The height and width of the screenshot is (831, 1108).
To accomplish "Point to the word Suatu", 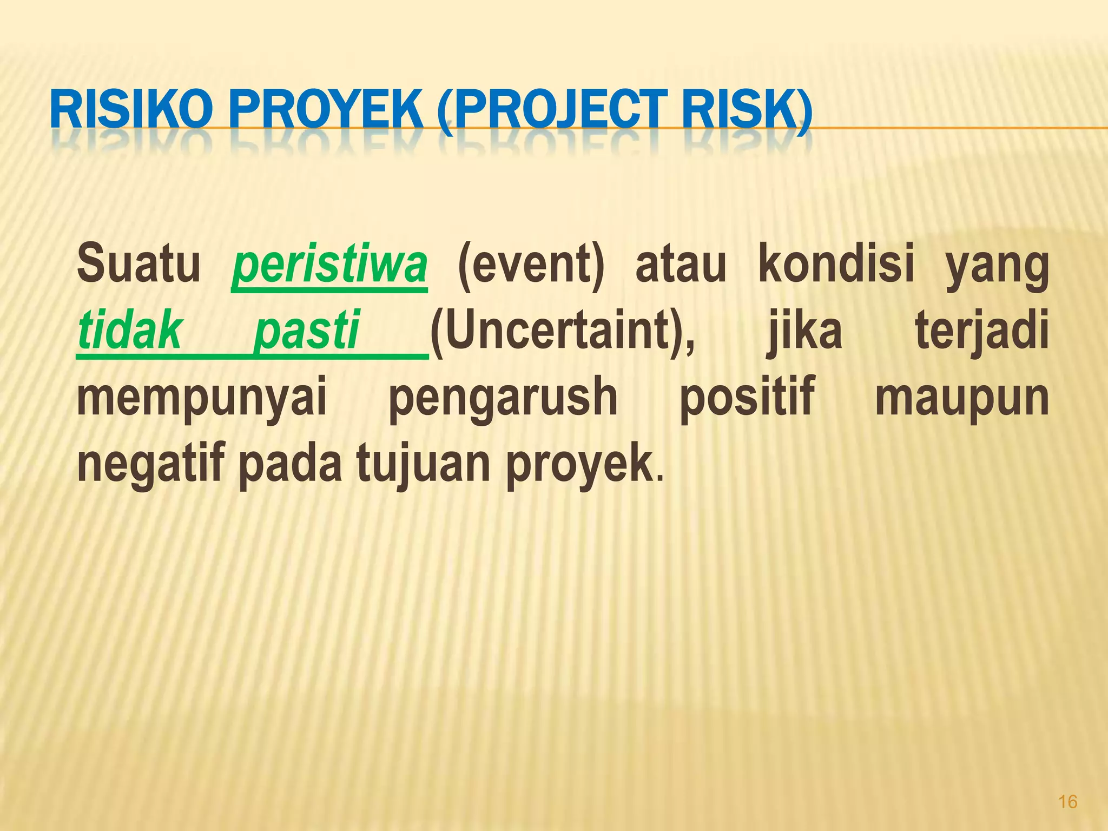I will [138, 265].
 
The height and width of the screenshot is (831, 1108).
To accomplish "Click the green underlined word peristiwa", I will [329, 265].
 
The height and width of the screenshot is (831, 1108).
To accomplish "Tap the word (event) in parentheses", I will [531, 265].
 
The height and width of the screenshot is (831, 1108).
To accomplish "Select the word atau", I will [680, 265].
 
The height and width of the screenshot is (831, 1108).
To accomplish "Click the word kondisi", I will [836, 265].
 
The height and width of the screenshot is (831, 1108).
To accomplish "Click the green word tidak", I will [130, 330].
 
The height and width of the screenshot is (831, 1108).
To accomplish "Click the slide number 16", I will [1067, 801].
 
